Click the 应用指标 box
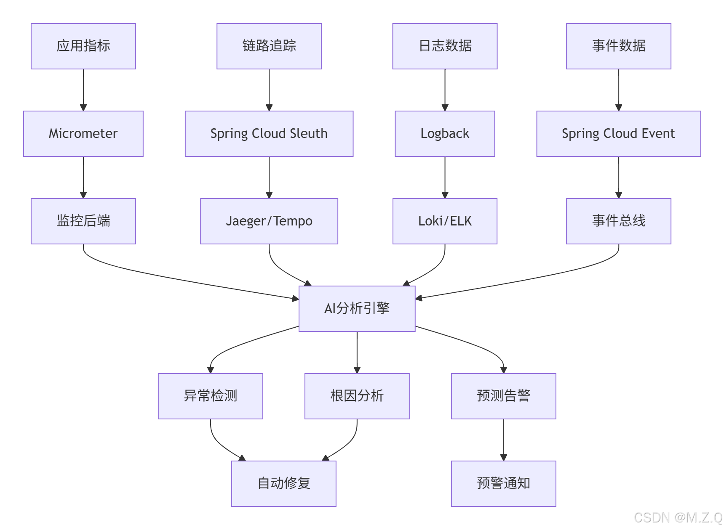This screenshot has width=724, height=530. (83, 46)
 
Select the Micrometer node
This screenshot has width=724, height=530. (83, 134)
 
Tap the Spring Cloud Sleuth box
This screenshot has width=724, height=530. (269, 134)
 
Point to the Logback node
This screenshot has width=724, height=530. (445, 134)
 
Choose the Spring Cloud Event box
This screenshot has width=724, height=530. (618, 134)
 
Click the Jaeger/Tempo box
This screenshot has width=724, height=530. (269, 221)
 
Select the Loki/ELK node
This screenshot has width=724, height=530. (445, 221)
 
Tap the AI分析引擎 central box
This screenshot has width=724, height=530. (357, 309)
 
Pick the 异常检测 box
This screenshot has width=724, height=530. (210, 396)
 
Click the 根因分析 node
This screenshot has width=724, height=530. (357, 396)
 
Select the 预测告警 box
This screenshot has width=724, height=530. (503, 396)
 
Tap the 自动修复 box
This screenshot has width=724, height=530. (283, 484)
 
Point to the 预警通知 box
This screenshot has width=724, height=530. (503, 484)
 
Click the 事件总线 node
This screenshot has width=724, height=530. (618, 221)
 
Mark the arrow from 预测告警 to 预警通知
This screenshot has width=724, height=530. (503, 440)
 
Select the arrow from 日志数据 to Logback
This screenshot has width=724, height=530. (445, 90)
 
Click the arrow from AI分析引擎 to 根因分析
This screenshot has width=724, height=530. (357, 352)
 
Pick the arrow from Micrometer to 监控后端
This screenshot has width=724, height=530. (83, 177)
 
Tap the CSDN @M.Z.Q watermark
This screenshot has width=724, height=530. (678, 517)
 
